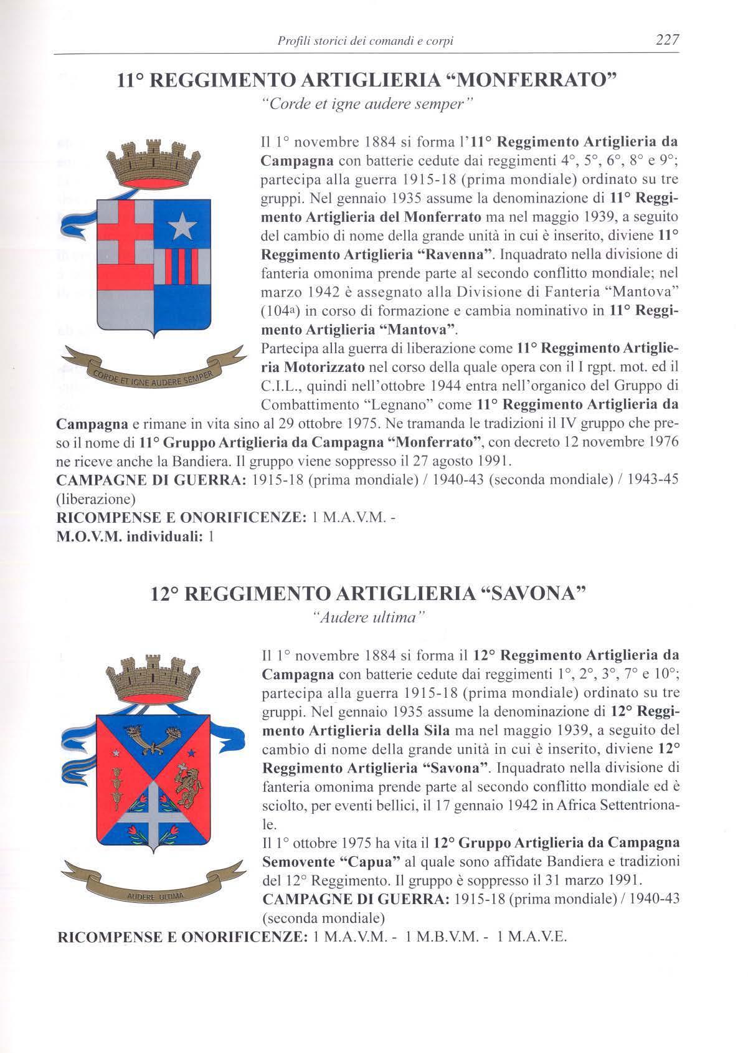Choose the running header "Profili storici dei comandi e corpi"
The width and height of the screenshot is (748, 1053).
pos(364,41)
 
